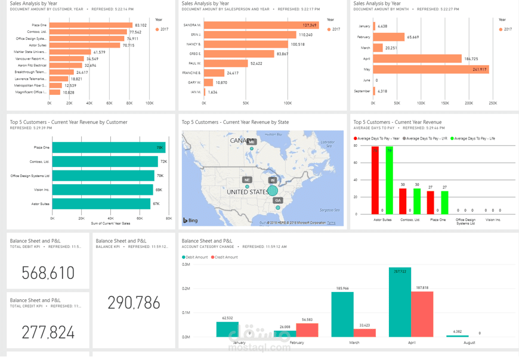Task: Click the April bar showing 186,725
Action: pos(418,59)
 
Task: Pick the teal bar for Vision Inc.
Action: pos(102,190)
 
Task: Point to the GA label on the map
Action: pos(278,200)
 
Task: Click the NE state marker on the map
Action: pos(246,179)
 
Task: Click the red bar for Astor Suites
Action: pos(375,181)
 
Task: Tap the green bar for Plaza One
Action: pos(444,203)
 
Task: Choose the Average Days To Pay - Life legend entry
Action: pos(475,138)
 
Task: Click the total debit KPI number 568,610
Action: pos(48,273)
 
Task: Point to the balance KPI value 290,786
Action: pos(134,303)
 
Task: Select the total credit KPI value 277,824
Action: pos(48,332)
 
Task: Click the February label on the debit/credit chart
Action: pos(296,343)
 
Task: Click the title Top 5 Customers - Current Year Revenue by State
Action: pos(235,122)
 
